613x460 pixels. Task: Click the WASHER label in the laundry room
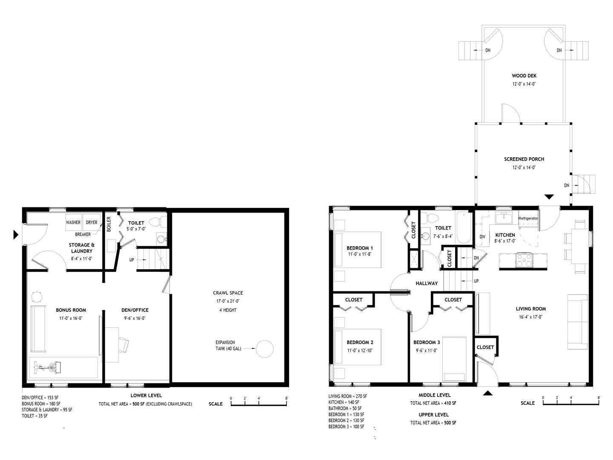click(x=73, y=222)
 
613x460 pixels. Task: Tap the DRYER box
click(x=92, y=222)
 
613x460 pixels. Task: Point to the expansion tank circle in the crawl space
click(x=264, y=348)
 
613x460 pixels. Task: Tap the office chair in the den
click(x=123, y=344)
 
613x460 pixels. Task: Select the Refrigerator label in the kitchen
click(x=528, y=218)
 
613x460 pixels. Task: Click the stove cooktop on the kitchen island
click(x=524, y=259)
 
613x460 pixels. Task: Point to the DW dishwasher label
click(x=482, y=237)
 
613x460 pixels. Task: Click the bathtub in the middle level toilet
click(x=464, y=228)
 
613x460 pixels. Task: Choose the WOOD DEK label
click(x=524, y=76)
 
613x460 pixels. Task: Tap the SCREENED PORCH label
click(x=524, y=159)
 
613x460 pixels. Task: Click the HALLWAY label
click(x=427, y=283)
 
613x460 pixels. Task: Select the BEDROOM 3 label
click(x=427, y=342)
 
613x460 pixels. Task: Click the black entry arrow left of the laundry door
click(x=16, y=234)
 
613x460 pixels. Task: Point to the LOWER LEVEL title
click(x=146, y=396)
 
